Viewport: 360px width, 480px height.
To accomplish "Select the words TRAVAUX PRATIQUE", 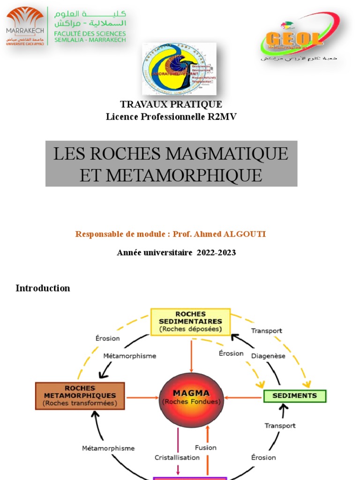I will pos(171,105).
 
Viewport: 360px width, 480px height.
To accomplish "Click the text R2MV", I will pos(222,117).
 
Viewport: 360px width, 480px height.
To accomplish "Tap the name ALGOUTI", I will pos(243,234).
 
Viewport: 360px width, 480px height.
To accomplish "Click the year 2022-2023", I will pos(216,253).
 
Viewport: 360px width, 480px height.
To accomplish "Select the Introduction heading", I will pos(43,288).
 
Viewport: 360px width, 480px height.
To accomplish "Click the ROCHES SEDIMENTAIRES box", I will pos(190,322).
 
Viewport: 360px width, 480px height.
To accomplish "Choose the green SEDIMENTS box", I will pos(294,396).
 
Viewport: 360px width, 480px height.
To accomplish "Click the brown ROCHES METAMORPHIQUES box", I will pos(80,396).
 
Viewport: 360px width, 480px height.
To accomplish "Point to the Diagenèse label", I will pos(268,356).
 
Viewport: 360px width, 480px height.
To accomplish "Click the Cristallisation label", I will pos(177,457).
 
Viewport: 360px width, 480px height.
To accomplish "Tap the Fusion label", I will pos(206,448).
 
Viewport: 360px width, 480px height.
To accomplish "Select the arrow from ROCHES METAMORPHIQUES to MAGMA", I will pos(142,398).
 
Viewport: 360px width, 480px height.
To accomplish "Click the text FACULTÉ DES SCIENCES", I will pos(90,33).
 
